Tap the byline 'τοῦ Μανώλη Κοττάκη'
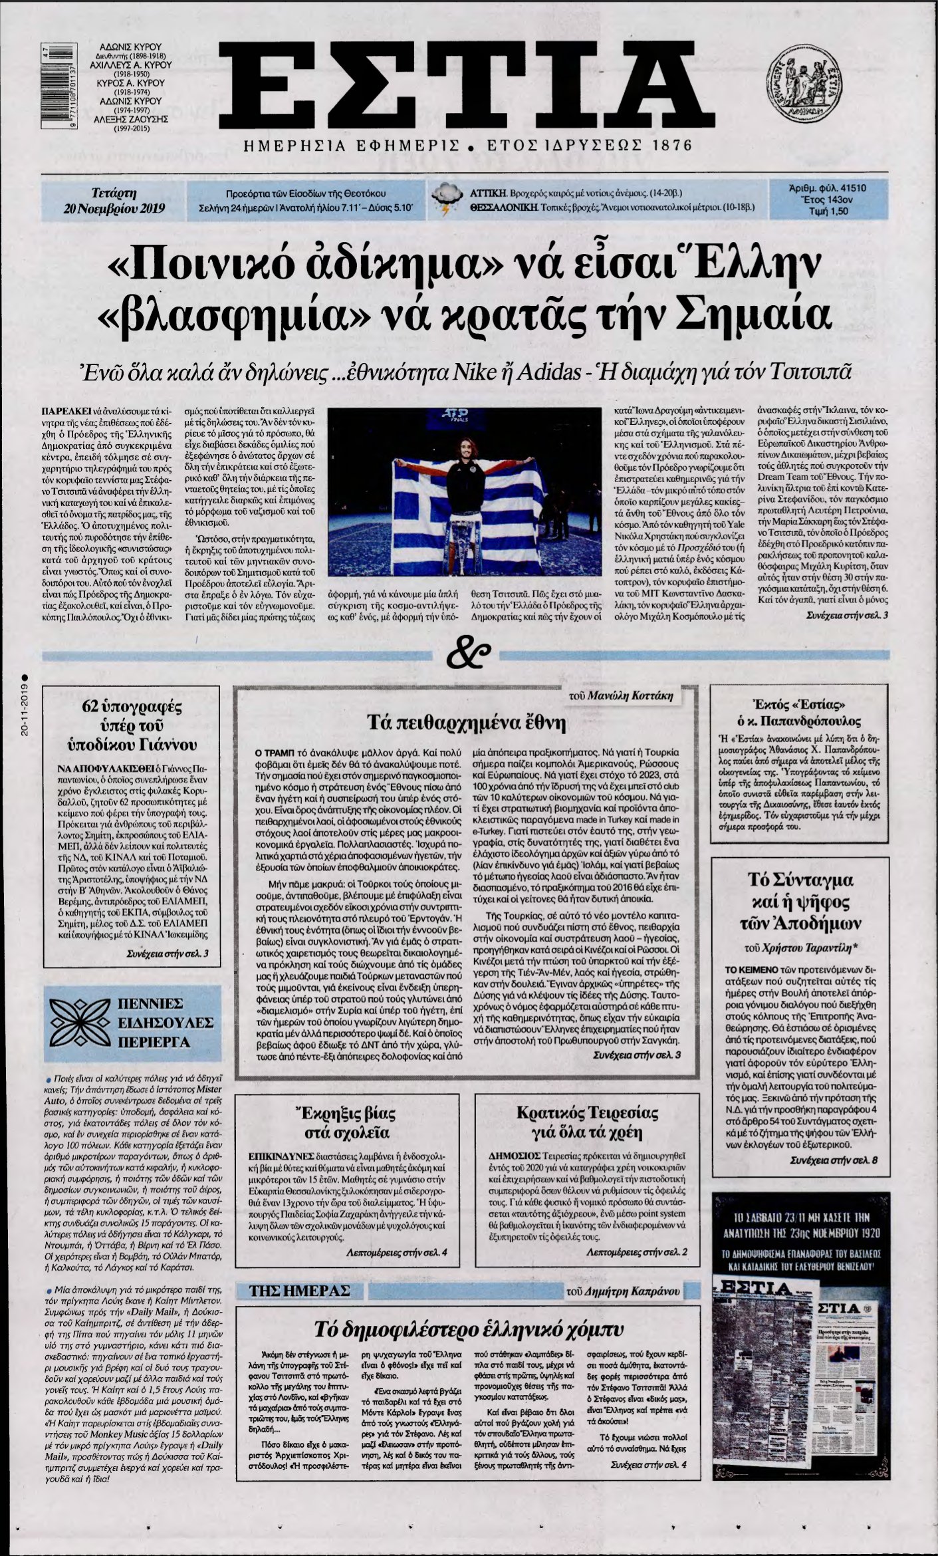(x=632, y=696)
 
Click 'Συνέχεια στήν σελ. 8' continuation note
(x=834, y=1178)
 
